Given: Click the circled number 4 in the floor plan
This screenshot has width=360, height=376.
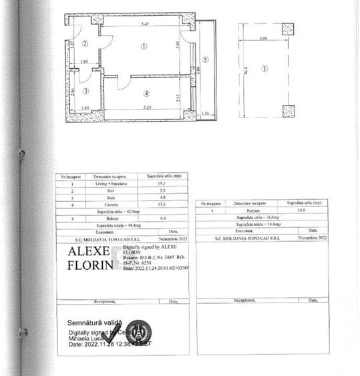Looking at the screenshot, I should click(145, 93).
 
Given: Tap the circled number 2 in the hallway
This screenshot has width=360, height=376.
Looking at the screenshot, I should click(85, 44).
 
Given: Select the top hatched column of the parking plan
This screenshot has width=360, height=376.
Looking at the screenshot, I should click(288, 29).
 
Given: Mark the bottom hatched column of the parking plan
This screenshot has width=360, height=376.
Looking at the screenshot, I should click(288, 110).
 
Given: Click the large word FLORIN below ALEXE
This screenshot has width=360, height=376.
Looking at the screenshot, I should click(89, 266).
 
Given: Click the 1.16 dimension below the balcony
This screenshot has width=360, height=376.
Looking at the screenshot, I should click(205, 114).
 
